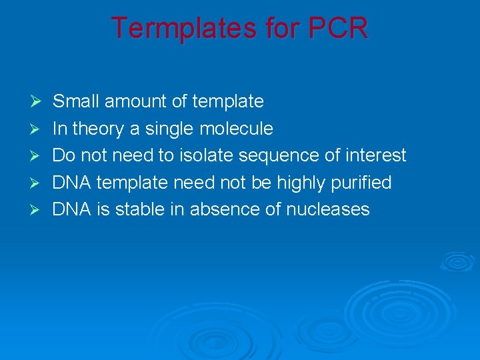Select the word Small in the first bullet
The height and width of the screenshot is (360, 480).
[x=76, y=101]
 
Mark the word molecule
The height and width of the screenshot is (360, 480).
[x=237, y=129]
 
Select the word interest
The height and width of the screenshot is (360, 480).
[x=375, y=155]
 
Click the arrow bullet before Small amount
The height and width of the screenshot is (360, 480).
[x=37, y=102]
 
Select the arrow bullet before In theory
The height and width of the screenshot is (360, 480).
[x=37, y=129]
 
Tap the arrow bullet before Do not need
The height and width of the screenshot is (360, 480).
[x=37, y=156]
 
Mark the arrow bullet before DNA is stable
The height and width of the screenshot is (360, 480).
[x=37, y=209]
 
